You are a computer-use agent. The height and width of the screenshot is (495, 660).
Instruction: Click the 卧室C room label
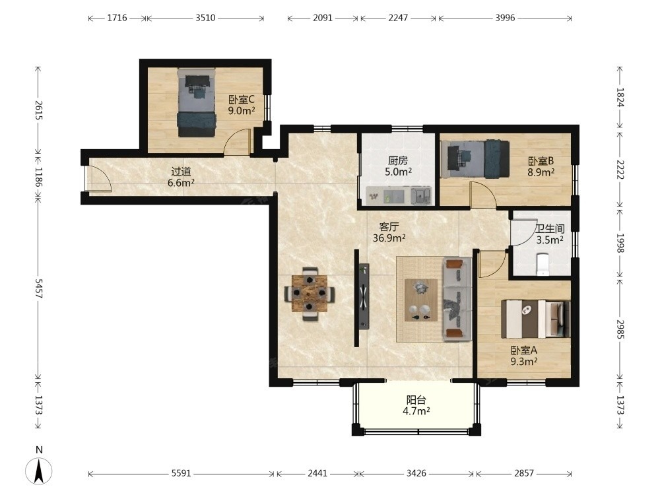click(x=242, y=100)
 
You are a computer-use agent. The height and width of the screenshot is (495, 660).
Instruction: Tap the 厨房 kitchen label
click(x=398, y=160)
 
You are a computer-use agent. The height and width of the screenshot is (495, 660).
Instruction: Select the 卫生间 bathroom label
click(x=550, y=228)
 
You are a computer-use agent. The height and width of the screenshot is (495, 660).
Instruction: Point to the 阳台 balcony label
click(x=416, y=400)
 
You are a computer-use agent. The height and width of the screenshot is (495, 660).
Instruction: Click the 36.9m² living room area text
click(x=389, y=238)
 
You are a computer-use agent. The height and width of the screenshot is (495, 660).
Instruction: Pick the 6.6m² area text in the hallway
click(x=181, y=183)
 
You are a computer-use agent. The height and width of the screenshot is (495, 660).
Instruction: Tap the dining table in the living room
click(x=310, y=294)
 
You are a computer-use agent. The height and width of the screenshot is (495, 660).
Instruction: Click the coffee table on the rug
click(x=420, y=300)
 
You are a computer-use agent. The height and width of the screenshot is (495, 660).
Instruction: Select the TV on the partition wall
click(x=364, y=296)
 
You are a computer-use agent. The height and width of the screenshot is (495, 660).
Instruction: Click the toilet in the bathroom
click(x=543, y=264)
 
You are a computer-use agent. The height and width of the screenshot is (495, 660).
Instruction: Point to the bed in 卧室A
click(x=535, y=319)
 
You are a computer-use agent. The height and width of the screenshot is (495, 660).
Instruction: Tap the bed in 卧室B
click(x=475, y=159)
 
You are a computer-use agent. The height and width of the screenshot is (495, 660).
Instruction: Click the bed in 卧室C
click(x=197, y=103)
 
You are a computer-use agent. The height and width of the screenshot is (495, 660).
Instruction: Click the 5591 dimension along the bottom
click(x=181, y=473)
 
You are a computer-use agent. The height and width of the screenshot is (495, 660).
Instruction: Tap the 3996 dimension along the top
click(x=505, y=18)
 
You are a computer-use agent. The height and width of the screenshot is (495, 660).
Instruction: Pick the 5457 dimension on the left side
click(x=39, y=288)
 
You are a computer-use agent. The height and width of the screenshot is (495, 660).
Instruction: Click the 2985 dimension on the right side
click(x=620, y=329)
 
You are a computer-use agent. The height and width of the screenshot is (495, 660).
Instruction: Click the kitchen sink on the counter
click(x=421, y=196)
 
